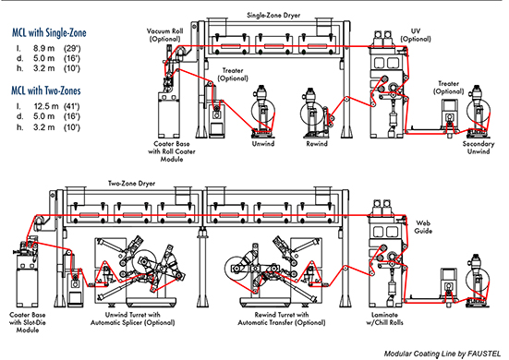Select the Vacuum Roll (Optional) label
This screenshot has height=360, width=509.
168,34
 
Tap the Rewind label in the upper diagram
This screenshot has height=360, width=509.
318,144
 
